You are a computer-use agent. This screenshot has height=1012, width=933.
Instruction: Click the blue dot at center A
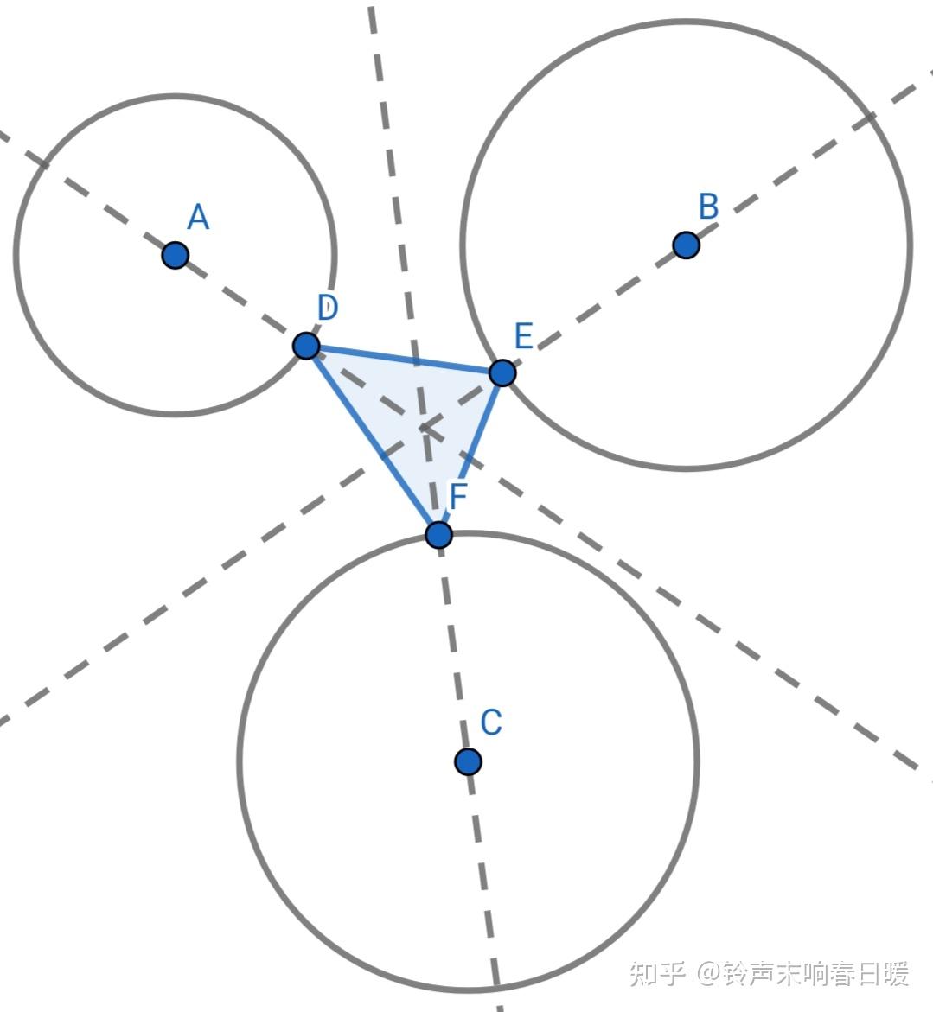tap(176, 255)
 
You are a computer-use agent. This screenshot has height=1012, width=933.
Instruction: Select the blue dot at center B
tap(686, 245)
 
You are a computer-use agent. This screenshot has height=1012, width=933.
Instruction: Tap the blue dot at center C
tap(468, 761)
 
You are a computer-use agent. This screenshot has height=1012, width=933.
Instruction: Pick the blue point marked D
tap(306, 346)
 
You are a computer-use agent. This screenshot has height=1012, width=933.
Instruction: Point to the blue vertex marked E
tap(502, 373)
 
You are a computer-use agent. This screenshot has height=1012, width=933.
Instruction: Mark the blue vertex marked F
tap(439, 535)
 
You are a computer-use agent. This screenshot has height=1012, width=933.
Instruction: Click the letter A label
tap(198, 218)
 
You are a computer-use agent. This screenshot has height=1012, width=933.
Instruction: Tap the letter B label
tap(708, 207)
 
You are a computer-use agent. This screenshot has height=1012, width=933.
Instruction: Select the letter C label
tap(491, 722)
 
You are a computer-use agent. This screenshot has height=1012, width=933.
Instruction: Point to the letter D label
tap(327, 307)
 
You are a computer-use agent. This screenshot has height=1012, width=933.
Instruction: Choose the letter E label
tap(523, 335)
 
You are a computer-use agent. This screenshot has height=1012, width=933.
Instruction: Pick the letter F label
tap(458, 497)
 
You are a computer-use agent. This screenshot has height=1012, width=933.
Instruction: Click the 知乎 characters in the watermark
tap(658, 974)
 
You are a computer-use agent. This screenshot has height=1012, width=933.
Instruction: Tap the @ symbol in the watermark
tap(710, 974)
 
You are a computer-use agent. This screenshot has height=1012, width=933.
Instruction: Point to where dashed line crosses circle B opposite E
tap(868, 117)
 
